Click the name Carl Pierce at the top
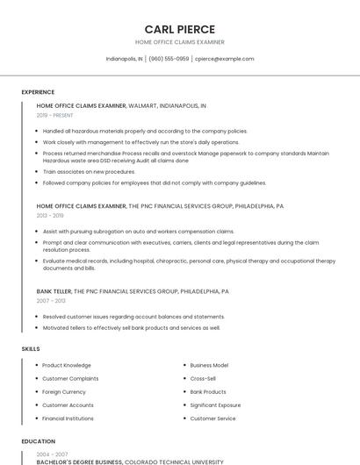point(180,29)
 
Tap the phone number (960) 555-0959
point(169,59)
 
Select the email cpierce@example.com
point(224,59)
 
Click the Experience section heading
point(38,92)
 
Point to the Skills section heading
point(31,349)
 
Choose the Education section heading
point(38,441)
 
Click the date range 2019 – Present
point(55,115)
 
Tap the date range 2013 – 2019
point(50,215)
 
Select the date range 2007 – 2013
point(51,300)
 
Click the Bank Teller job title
point(54,290)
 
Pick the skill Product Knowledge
point(67,365)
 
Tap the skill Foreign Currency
point(64,391)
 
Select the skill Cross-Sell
point(203,378)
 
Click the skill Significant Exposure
point(215,404)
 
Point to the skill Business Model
point(209,365)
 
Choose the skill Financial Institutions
point(68,418)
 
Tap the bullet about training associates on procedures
point(89,172)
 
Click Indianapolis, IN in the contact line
point(125,59)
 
